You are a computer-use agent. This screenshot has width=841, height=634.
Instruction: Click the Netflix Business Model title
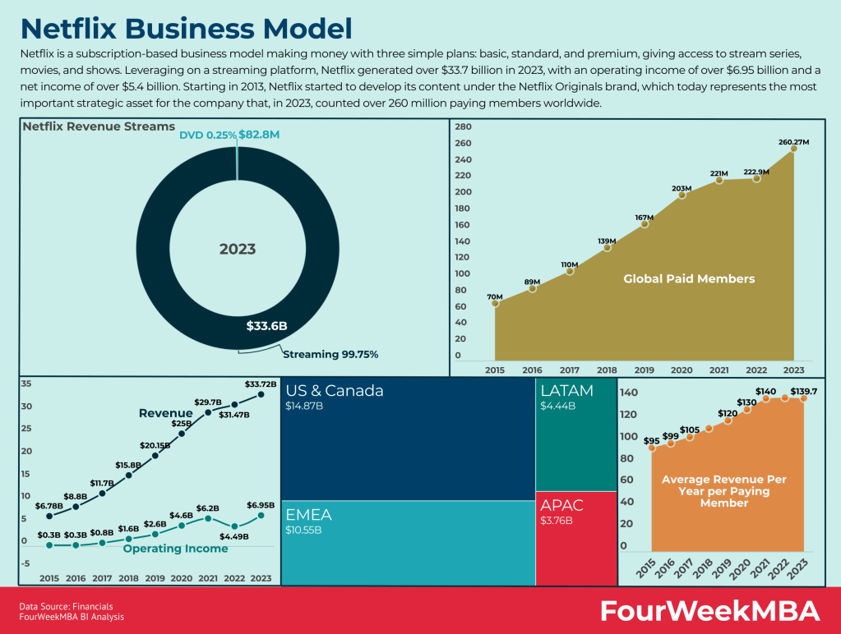(186, 28)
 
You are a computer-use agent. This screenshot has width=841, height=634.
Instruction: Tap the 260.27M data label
(793, 142)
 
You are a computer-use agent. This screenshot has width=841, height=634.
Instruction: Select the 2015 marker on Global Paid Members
(495, 303)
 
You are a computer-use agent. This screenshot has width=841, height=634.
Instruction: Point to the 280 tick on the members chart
(462, 126)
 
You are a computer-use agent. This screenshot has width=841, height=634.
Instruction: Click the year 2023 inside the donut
(237, 249)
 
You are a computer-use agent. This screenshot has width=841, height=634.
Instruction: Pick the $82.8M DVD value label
(261, 134)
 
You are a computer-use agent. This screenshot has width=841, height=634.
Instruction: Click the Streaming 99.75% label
(330, 354)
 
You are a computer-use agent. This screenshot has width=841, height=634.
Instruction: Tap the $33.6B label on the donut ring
(266, 326)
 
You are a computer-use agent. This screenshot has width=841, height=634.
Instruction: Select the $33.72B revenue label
(261, 384)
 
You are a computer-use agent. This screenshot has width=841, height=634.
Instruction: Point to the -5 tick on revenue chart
(25, 563)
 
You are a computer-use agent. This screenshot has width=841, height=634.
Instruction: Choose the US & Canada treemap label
(335, 391)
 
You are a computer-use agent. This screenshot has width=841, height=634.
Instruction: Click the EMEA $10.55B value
(303, 531)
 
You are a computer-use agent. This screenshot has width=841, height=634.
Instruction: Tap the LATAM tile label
(566, 391)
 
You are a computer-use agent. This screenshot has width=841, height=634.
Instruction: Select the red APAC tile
(575, 538)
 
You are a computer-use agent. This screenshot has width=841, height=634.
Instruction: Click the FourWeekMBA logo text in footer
(709, 611)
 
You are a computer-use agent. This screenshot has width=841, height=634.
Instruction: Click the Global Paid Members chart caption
(688, 278)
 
